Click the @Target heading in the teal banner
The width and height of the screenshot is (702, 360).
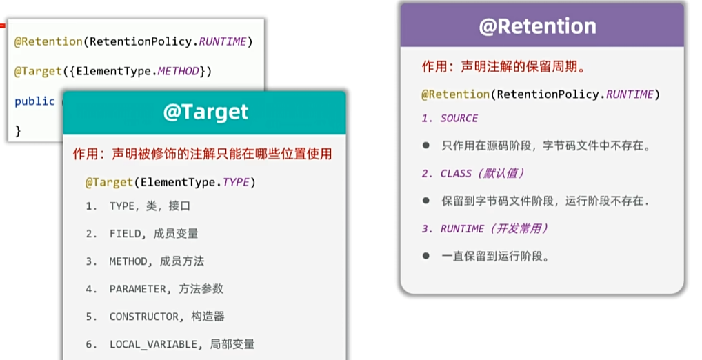pos(205,112)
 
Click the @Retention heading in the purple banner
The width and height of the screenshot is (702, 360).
pos(537,26)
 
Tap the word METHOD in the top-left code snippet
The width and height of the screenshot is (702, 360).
pos(178,71)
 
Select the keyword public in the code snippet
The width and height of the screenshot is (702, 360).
pos(34,101)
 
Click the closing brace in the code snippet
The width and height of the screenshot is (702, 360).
pos(18,131)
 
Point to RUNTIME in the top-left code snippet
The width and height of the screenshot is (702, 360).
pos(223,41)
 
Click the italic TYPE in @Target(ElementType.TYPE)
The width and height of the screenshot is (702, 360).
pos(236,182)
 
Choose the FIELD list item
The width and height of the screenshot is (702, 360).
pos(154,234)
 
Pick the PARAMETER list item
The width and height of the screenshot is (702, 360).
pos(166,289)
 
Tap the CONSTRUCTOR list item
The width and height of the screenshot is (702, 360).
pos(167,317)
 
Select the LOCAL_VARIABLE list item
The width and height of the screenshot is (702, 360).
pos(182,344)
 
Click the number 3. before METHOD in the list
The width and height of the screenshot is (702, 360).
pos(91,261)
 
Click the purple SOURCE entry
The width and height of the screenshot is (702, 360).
pos(459,118)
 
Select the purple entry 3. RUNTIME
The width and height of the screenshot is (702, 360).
pos(485,229)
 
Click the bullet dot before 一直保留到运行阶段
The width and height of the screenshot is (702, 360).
pos(425,256)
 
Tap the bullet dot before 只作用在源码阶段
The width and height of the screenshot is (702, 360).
pos(425,145)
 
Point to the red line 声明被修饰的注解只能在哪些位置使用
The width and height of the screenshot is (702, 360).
pos(221,154)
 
